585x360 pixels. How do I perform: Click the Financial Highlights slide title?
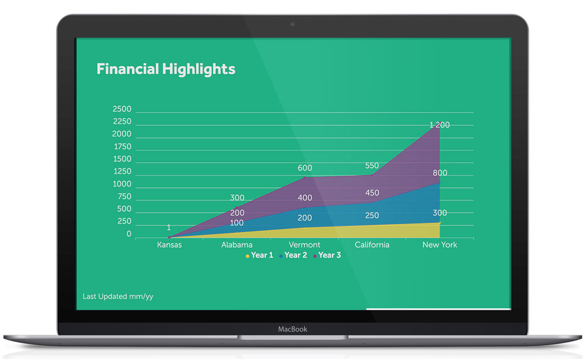tap(166, 69)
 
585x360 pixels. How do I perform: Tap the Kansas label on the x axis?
tap(169, 245)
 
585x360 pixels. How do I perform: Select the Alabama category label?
tap(237, 245)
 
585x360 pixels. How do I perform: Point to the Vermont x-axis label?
tap(304, 245)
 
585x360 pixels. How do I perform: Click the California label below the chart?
tap(372, 245)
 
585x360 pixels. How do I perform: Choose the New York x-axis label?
tap(440, 245)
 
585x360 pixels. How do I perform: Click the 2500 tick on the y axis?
tap(122, 109)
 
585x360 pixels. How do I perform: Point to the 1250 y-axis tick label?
tap(122, 171)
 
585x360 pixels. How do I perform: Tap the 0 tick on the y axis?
tap(129, 234)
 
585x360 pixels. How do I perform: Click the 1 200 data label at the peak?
tap(439, 125)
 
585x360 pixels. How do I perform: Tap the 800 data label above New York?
tap(440, 173)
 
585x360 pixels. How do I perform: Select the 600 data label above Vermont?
tap(304, 168)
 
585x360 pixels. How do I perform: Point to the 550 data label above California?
tap(372, 166)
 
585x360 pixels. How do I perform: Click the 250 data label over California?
tap(372, 215)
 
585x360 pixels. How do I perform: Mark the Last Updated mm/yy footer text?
tap(118, 297)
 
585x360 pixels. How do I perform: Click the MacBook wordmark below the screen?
tap(292, 329)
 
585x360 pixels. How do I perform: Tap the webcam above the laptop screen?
tap(292, 24)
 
